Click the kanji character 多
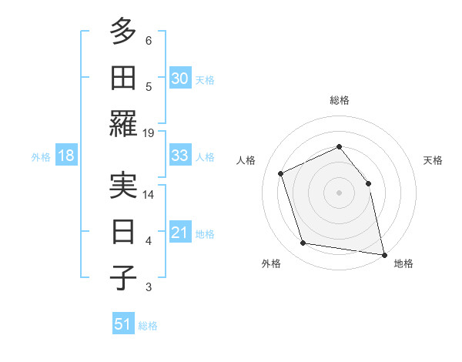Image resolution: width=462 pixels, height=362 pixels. click(x=123, y=32)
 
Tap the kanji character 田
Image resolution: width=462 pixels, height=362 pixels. click(x=123, y=77)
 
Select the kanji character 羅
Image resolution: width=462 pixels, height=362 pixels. click(x=123, y=123)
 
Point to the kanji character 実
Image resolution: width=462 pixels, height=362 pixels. click(x=123, y=185)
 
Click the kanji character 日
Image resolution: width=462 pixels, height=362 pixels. click(x=123, y=231)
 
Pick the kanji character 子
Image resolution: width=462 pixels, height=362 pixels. click(x=123, y=277)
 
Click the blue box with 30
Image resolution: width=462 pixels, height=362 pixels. click(x=180, y=78)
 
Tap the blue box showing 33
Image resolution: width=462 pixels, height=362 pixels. click(x=180, y=156)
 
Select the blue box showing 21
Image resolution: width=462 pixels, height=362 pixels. click(x=180, y=233)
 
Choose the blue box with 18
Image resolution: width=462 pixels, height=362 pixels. click(x=66, y=156)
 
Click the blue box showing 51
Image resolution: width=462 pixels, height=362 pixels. click(x=123, y=324)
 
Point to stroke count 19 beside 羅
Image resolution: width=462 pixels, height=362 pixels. click(x=149, y=132)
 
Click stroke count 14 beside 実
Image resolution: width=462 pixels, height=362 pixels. click(x=149, y=194)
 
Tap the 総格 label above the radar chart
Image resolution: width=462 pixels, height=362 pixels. click(x=339, y=100)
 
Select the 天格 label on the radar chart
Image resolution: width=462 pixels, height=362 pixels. click(x=433, y=160)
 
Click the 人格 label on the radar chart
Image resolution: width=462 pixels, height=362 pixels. click(x=246, y=160)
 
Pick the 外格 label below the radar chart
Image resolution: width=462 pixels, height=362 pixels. click(x=271, y=264)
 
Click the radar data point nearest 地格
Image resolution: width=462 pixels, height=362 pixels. click(x=383, y=253)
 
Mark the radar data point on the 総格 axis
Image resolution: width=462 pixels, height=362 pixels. click(x=339, y=146)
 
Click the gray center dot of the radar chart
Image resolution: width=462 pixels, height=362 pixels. click(x=339, y=192)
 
